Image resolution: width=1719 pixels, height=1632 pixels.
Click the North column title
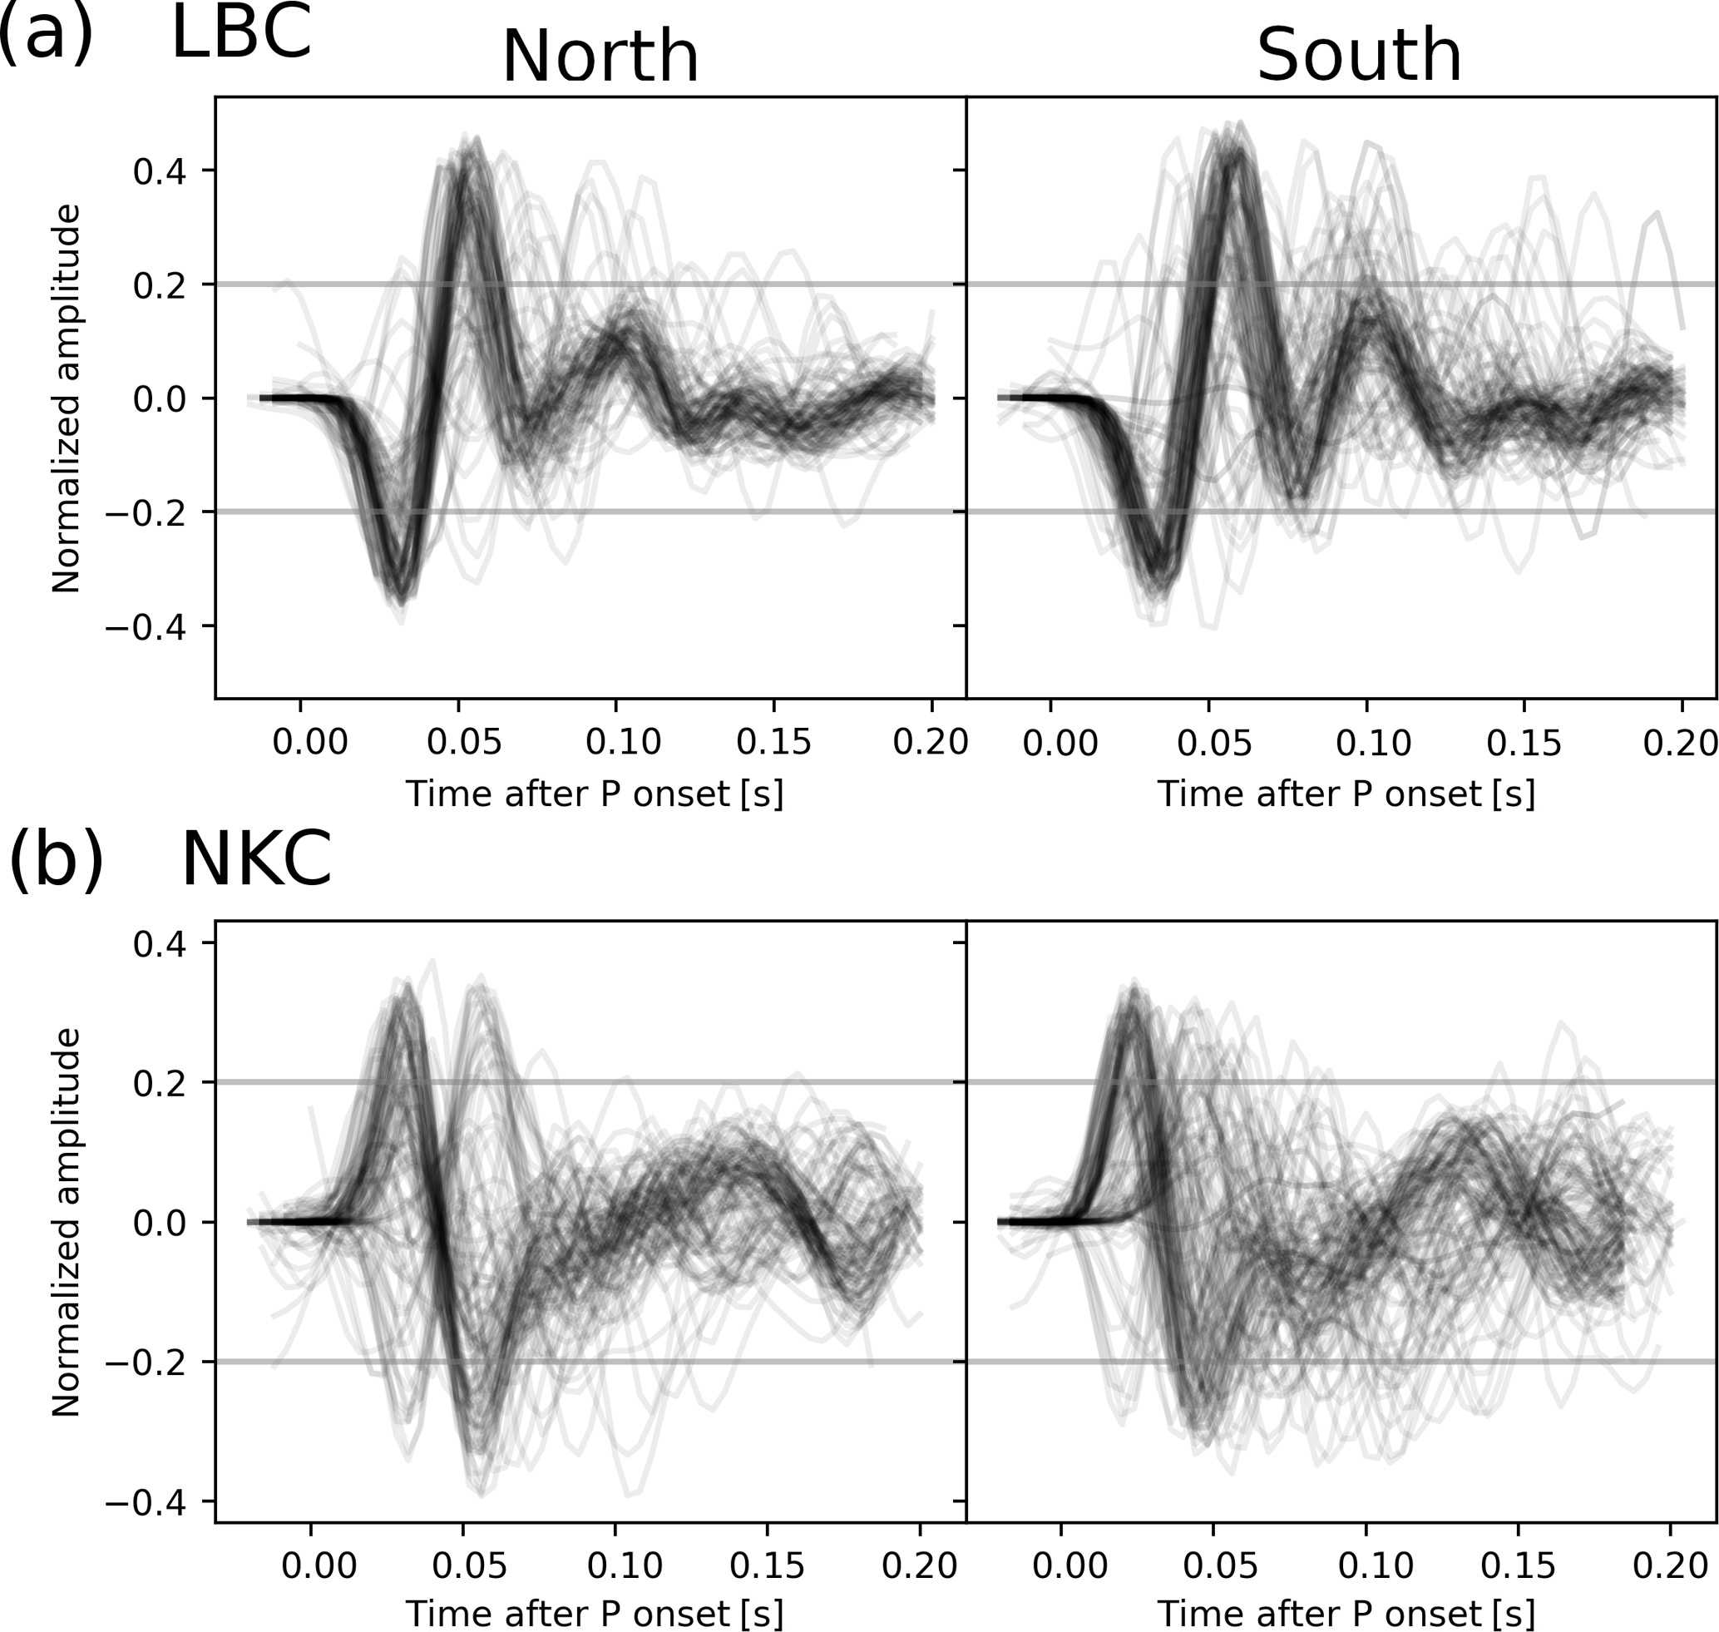click(600, 56)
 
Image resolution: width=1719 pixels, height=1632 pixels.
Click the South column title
click(1359, 56)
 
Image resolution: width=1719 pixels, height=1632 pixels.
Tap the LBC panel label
click(241, 33)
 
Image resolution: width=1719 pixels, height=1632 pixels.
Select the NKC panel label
click(256, 858)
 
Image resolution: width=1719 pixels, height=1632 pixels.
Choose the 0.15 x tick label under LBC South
click(1524, 742)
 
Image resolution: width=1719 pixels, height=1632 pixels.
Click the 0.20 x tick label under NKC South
click(1669, 1566)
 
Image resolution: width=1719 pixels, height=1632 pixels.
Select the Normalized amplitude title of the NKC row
click(67, 1222)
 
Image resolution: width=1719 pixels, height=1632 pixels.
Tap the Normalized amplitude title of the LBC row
click(67, 398)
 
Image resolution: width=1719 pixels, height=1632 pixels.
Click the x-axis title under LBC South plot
click(1346, 794)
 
